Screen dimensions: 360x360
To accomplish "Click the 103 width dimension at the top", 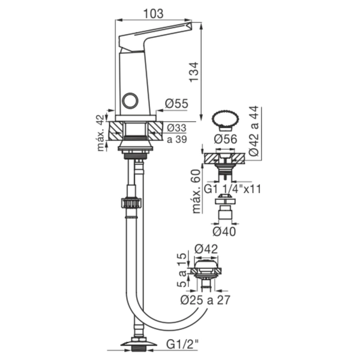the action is pyautogui.click(x=154, y=14).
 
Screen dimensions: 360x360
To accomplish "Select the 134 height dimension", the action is pyautogui.click(x=194, y=71).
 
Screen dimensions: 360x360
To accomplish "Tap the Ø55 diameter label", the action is pyautogui.click(x=176, y=104).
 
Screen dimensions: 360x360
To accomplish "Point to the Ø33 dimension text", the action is pyautogui.click(x=176, y=128).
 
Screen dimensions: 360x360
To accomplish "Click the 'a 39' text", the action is pyautogui.click(x=177, y=139).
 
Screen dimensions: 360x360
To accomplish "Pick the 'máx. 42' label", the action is pyautogui.click(x=101, y=133).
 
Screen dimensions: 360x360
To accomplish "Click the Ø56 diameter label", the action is pyautogui.click(x=225, y=139).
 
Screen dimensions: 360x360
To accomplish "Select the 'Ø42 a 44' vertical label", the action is pyautogui.click(x=254, y=131).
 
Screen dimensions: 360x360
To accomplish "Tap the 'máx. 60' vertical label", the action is pyautogui.click(x=196, y=191).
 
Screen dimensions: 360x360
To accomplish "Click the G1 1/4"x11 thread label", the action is pyautogui.click(x=232, y=190).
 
